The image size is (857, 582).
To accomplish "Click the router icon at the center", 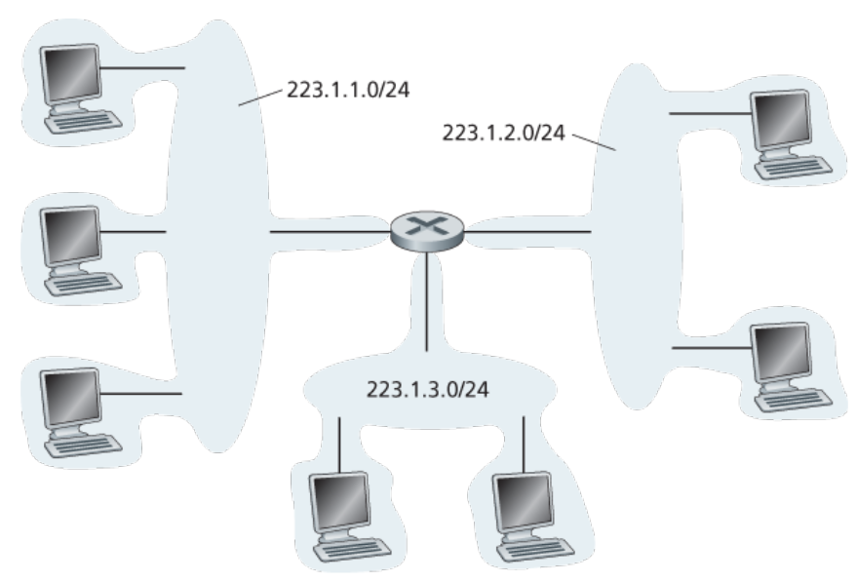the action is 427,232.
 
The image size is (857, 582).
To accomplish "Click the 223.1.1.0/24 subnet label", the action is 348,90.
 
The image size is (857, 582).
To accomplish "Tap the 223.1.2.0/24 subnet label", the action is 503,133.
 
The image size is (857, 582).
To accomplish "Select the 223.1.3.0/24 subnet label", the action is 427,390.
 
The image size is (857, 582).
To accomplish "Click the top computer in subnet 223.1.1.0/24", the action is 82,89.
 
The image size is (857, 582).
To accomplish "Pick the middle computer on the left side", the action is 82,251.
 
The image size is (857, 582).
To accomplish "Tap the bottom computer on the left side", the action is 82,413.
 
